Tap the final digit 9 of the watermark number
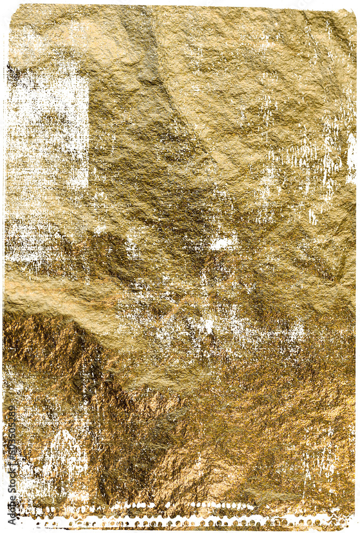click(x=12, y=407)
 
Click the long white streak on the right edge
click(x=351, y=157)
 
